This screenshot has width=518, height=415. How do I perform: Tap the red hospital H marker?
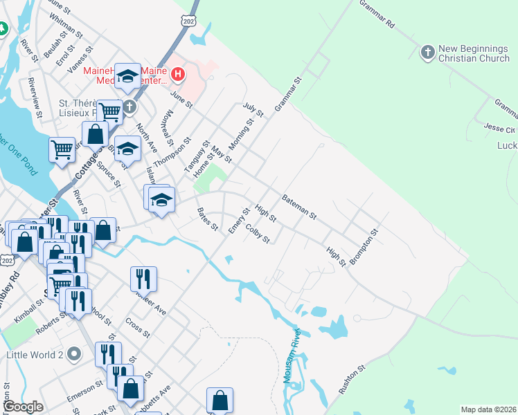(178, 74)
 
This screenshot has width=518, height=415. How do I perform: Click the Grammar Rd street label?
(376, 13)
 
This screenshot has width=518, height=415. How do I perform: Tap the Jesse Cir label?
(501, 129)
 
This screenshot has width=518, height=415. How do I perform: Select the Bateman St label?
(299, 207)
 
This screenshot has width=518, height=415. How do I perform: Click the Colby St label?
(257, 233)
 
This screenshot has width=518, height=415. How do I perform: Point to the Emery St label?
(239, 220)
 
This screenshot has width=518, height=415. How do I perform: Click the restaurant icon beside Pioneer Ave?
(143, 278)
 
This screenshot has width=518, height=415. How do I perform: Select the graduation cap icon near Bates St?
(161, 200)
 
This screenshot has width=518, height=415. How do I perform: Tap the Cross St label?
(139, 328)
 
